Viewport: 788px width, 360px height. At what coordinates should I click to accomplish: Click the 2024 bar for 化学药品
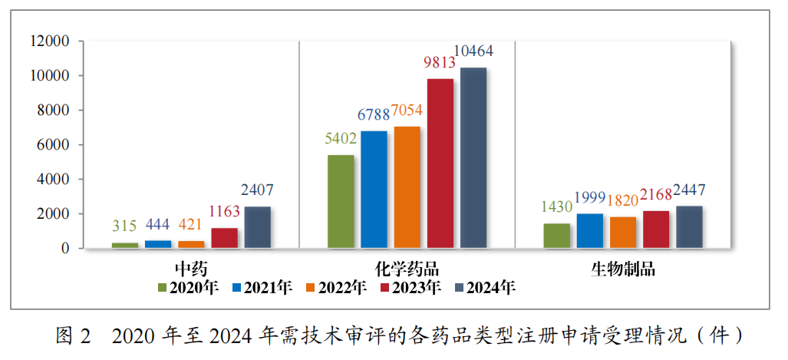(473, 158)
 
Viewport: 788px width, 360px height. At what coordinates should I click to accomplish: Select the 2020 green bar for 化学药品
(341, 202)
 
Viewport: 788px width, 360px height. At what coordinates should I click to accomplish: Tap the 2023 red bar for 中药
(225, 238)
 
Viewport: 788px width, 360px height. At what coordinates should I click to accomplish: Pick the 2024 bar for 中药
(258, 227)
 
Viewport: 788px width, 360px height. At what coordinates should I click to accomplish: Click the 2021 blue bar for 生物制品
(590, 231)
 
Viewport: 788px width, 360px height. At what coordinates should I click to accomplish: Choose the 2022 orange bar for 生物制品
(623, 233)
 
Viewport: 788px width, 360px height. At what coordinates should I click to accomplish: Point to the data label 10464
(473, 51)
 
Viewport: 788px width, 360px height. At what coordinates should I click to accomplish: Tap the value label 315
(124, 226)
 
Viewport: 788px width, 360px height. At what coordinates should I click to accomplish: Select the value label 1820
(623, 200)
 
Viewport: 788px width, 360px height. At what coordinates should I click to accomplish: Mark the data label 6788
(374, 115)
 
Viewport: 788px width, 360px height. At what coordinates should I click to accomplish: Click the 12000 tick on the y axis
(49, 41)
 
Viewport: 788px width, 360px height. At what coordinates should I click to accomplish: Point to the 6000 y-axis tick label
(53, 145)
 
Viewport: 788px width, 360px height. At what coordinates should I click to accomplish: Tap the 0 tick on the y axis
(66, 249)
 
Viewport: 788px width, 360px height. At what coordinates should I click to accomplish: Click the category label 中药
(191, 269)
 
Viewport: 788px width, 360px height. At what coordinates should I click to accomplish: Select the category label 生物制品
(623, 269)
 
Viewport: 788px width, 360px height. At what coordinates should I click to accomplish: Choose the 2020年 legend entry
(189, 288)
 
